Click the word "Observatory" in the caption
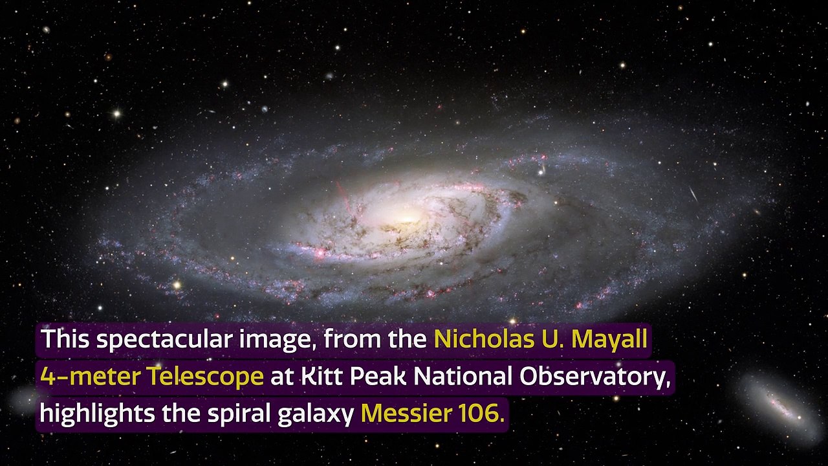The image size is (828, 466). [585, 376]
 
